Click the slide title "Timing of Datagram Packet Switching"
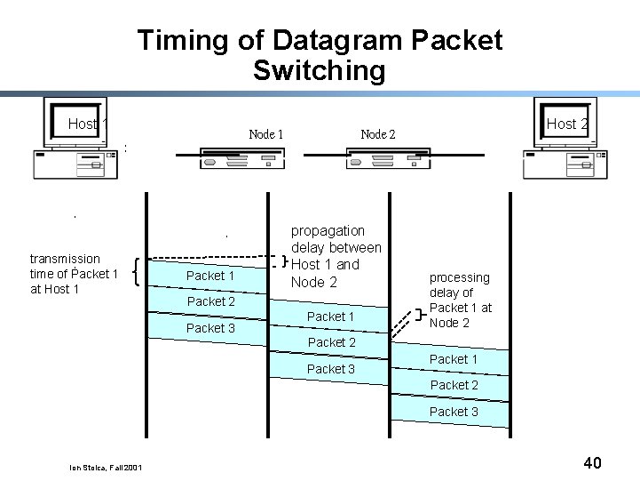[320, 55]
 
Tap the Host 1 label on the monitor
[87, 124]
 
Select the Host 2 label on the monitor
[566, 124]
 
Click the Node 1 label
[266, 134]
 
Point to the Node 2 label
[378, 134]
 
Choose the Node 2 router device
[387, 160]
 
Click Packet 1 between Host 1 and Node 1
[210, 276]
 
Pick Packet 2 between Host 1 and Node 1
[210, 301]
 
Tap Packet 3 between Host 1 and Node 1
[210, 328]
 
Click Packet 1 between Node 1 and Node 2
[330, 317]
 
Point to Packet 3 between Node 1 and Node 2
[330, 369]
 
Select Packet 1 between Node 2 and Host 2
[454, 359]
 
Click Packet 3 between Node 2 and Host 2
[454, 412]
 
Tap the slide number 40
[592, 462]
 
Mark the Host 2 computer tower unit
[565, 164]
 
